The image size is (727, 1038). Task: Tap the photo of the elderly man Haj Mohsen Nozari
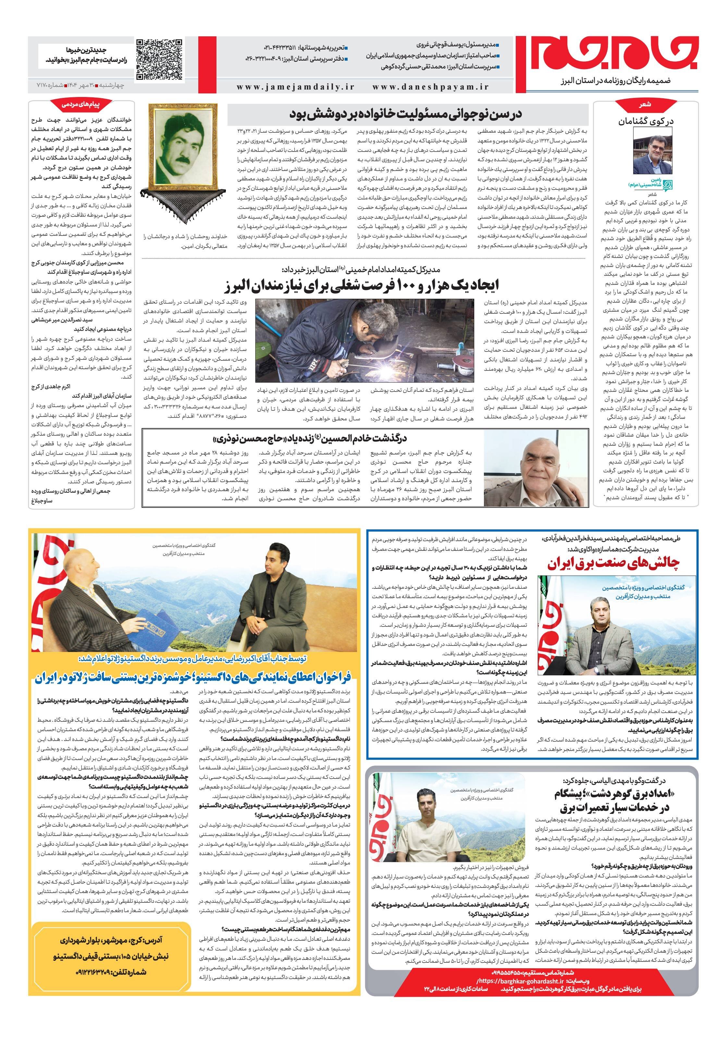536,468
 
